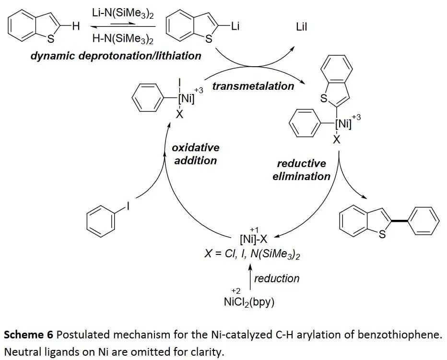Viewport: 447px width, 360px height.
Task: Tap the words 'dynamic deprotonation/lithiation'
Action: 116,56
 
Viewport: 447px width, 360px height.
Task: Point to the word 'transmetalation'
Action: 253,86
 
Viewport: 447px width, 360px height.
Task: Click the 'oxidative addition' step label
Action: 195,154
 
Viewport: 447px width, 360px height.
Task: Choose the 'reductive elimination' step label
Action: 301,170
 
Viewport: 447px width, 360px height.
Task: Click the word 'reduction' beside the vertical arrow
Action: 277,278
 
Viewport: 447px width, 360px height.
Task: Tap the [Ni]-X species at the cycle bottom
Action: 253,239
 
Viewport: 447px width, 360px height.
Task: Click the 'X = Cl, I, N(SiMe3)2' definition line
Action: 252,254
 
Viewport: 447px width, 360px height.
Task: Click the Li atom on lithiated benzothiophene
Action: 235,26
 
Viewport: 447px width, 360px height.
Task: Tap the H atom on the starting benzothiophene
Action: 76,27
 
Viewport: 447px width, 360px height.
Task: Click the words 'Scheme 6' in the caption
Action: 28,335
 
